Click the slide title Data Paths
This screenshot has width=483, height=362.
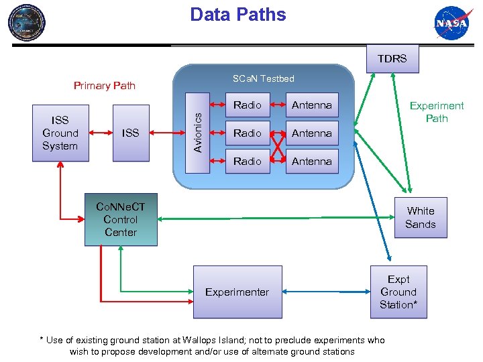pos(237,15)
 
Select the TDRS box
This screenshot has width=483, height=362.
pos(392,58)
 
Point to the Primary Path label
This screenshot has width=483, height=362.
pos(104,85)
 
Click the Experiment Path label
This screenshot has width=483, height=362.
pos(437,112)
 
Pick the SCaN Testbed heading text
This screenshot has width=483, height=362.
pos(263,78)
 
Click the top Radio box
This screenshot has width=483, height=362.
pos(247,105)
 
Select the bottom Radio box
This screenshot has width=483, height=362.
pos(247,162)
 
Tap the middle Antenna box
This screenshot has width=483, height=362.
pos(311,133)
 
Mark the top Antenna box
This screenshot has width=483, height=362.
pos(311,105)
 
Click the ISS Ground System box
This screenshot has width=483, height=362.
pos(60,133)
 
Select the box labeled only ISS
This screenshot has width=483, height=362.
pos(130,133)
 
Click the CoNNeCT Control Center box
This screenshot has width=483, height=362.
pos(121,219)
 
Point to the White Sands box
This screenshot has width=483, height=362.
pos(420,218)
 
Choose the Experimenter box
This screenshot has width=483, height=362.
pos(237,292)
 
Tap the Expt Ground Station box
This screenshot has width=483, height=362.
pos(398,292)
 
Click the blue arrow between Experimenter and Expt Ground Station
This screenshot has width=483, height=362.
pos(326,292)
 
